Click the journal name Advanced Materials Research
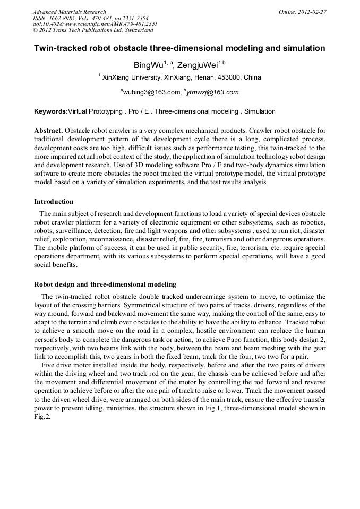coord(70,12)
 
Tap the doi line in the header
coord(95,24)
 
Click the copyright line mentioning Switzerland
coord(93,30)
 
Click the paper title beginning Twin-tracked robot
coord(179,48)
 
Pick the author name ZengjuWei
coord(197,65)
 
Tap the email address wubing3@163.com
coord(151,92)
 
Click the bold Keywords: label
coord(51,112)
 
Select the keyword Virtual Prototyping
coord(95,112)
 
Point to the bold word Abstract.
coord(48,131)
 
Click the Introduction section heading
coord(54,202)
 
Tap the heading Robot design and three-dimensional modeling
coord(105,284)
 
